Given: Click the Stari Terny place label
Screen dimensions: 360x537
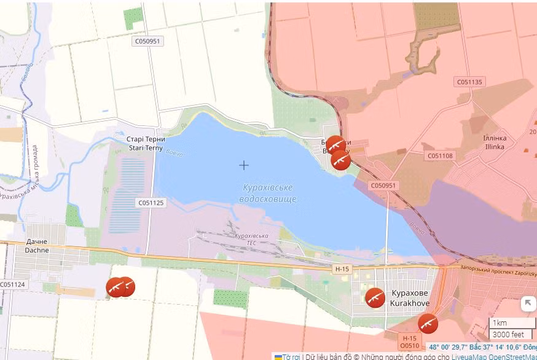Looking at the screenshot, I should [146, 143].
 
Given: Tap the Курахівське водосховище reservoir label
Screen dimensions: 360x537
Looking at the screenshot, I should [267, 193].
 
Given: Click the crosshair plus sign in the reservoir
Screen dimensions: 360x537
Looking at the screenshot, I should [244, 165].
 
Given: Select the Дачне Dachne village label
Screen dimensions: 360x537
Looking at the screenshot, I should [36, 246].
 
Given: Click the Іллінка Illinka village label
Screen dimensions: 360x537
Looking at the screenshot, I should [495, 143].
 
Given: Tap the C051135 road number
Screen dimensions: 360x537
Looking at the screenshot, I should [470, 82].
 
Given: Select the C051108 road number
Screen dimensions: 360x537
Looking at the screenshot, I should [440, 155].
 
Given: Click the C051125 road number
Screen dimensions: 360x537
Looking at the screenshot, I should [151, 202].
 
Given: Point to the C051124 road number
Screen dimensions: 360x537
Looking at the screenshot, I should [13, 284].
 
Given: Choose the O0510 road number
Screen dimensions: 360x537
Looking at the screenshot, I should [409, 346].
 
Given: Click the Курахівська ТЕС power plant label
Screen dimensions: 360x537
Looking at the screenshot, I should [251, 239].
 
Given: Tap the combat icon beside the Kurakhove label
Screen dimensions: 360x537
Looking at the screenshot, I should [375, 297].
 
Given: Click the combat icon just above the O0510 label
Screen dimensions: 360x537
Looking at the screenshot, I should [428, 323].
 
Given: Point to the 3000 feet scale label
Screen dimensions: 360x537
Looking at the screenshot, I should [508, 335].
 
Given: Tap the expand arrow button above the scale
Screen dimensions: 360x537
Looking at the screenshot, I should [528, 303].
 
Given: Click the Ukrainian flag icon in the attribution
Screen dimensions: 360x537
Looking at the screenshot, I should [278, 356].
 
